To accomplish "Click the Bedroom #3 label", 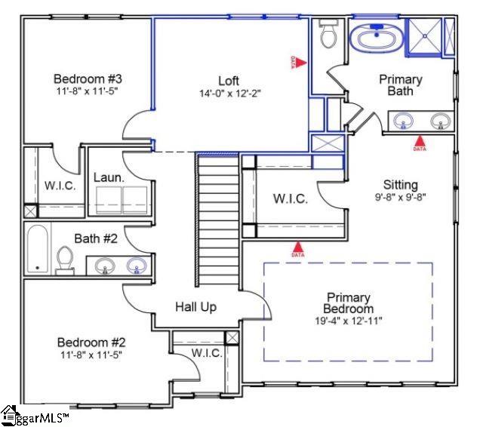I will point(88,78).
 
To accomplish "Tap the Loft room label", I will point(229,81).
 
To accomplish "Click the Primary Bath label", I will point(400,84).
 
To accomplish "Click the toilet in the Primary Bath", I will point(328,35).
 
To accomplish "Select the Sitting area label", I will point(400,185).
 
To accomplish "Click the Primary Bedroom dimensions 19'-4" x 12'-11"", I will point(349,321).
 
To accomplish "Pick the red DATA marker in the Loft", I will point(300,63).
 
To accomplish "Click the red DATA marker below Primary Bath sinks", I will point(420,140).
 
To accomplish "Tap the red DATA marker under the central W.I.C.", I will point(298,247).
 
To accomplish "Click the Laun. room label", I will point(109,177).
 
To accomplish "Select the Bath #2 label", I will point(96,238).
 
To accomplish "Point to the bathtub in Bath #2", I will point(37,249).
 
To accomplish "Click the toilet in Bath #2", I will point(65,258).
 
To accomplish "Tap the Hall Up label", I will point(196,306).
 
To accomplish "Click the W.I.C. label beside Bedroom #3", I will point(60,186).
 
